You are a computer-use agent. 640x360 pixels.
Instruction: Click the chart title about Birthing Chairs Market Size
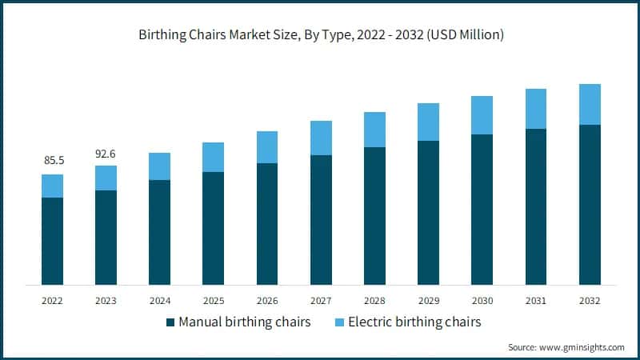point(320,34)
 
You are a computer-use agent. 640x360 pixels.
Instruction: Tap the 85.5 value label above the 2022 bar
point(54,161)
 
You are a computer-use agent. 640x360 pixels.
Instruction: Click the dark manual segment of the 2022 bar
point(53,241)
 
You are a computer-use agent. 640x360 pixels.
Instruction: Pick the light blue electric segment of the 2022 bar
point(53,186)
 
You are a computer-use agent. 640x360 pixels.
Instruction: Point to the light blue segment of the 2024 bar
point(160,166)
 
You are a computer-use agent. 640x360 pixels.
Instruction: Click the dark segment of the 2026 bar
point(267,224)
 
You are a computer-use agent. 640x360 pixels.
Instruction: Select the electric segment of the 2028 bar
point(374,130)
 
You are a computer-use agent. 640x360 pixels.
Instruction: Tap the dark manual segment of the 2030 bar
point(482,210)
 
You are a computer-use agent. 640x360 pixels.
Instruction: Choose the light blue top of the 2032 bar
point(590,104)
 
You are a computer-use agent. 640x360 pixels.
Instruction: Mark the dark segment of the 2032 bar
point(590,205)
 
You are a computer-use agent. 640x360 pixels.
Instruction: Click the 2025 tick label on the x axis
point(214,301)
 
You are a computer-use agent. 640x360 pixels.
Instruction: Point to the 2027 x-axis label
point(321,301)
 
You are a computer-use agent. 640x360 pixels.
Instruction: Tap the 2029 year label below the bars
point(428,301)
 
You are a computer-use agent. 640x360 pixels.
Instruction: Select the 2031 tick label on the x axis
point(535,301)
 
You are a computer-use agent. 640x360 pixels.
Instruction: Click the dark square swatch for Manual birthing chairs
point(170,322)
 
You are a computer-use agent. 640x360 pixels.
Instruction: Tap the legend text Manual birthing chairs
point(245,322)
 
